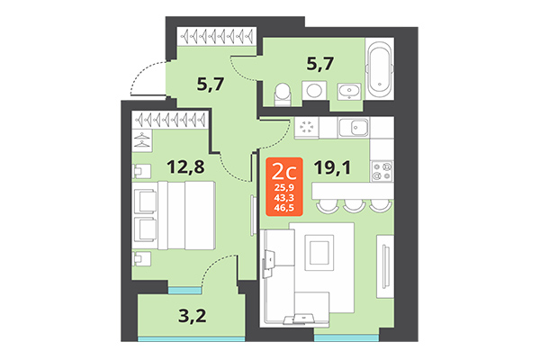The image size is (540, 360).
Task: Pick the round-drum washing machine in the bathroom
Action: tap(316, 91)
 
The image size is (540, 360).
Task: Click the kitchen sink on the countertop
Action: tap(356, 129)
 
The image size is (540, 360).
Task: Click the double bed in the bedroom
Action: tap(176, 215)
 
